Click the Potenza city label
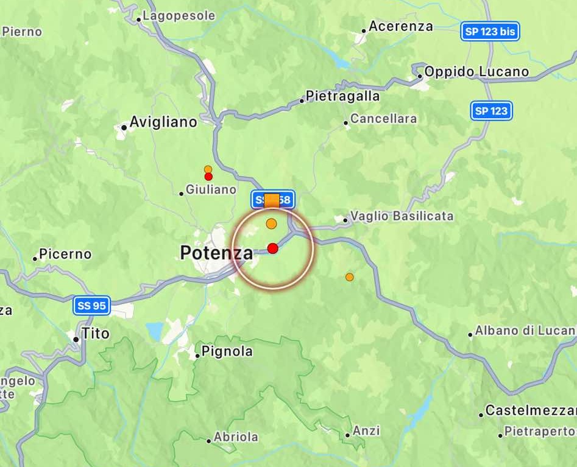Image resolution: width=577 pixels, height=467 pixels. tap(216, 252)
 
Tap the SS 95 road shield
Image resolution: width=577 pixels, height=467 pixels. tap(92, 306)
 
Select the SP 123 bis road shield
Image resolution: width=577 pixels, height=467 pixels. tap(490, 32)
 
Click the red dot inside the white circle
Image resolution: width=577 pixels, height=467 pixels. tap(272, 248)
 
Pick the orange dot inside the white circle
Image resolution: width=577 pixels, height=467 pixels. tap(271, 223)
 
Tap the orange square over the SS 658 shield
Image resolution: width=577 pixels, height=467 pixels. tap(272, 200)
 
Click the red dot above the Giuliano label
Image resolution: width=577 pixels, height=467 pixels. tap(208, 177)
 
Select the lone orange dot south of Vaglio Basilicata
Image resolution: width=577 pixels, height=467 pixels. tap(349, 277)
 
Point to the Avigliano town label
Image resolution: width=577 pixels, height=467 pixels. tap(163, 122)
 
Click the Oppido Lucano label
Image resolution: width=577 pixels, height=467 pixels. tap(476, 72)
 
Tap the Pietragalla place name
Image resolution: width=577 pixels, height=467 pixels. tap(342, 96)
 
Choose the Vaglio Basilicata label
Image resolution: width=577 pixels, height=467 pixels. tap(402, 216)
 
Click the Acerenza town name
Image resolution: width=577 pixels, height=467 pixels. tap(400, 26)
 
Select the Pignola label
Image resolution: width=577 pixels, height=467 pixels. tap(227, 351)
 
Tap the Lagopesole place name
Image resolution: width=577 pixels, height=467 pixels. tap(179, 16)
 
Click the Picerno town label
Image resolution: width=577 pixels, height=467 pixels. tap(65, 254)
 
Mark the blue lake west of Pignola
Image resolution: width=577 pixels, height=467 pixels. tap(155, 331)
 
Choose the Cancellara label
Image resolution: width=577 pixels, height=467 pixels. tap(383, 119)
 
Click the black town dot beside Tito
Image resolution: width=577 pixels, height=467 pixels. tap(76, 339)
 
